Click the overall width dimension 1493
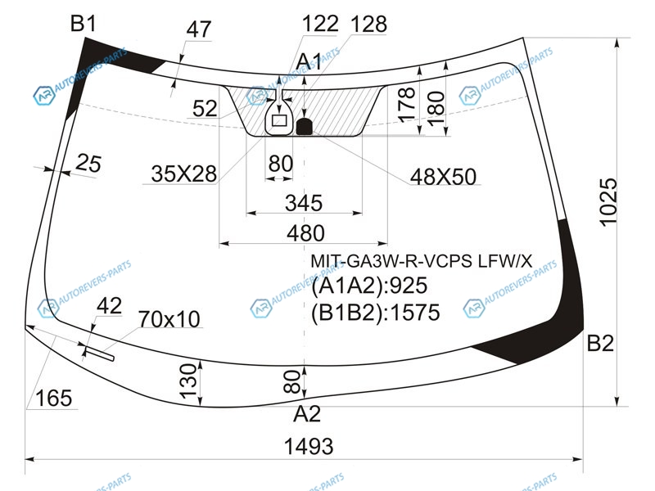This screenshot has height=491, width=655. coord(309,447)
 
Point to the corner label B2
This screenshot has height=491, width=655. coord(600,344)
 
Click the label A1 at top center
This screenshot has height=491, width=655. coord(309,61)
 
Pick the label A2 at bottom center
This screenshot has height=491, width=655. coord(307,414)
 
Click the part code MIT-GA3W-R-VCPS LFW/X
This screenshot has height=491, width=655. coord(421,261)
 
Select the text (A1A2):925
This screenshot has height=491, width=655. coord(370,286)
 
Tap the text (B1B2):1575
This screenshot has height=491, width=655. coord(376,313)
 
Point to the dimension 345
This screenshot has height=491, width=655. coord(303,202)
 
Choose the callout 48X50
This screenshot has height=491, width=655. coord(444,177)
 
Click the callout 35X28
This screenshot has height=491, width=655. coord(183,173)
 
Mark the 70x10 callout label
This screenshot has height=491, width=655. coord(169,318)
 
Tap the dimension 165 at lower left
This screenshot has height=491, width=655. coord(53,399)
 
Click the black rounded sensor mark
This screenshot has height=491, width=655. coord(305,126)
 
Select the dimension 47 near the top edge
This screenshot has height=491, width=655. coord(198,29)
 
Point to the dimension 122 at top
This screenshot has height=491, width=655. coord(319,25)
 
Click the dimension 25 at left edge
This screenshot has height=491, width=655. coord(88,164)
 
